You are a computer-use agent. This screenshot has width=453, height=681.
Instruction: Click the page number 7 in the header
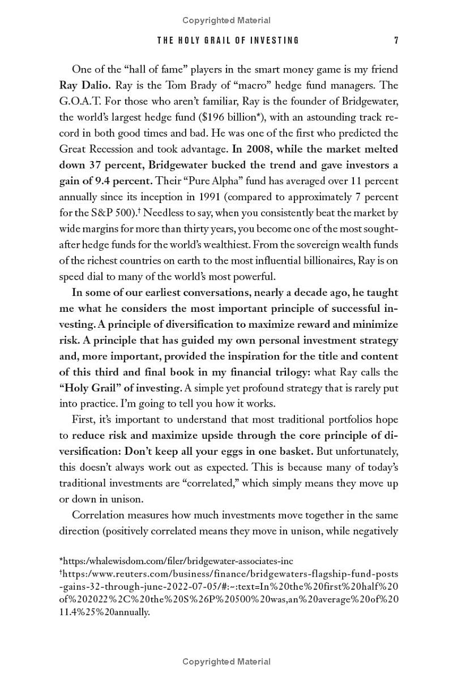coord(396,40)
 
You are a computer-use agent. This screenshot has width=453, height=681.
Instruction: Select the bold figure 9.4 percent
coord(117,181)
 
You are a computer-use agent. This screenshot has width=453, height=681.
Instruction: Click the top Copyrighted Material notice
coord(226,20)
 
